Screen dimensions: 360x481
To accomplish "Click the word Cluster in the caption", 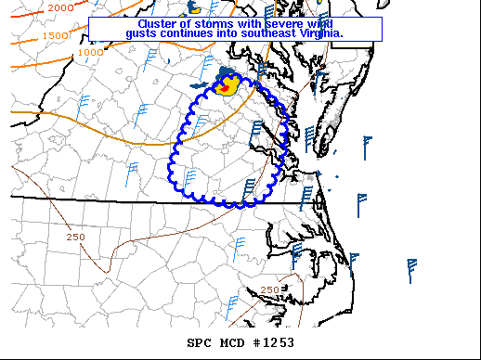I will pos(158,23).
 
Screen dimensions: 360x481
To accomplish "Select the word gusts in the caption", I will pos(143,33).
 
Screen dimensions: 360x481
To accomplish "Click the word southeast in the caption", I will pos(277,33).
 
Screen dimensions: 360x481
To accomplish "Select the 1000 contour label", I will pos(90,52).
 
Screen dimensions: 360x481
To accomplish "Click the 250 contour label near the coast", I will pos(270,290).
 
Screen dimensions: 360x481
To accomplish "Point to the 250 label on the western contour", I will pos(76,238).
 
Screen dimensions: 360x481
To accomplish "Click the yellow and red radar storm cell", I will pos(226,88).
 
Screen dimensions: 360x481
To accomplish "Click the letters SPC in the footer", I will pos(200,342).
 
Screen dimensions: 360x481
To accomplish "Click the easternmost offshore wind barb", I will pos(410,270).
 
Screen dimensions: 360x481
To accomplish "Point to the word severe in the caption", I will pos(288,23).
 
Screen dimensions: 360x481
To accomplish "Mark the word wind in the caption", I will pos(326,23).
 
